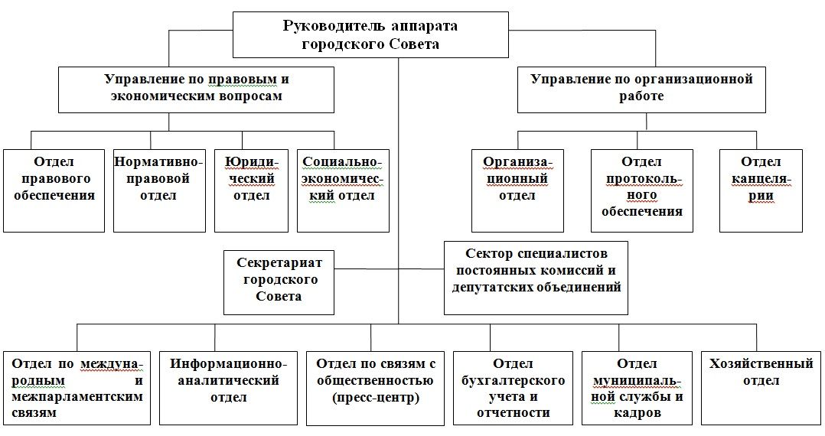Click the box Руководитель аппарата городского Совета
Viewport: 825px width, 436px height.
370,35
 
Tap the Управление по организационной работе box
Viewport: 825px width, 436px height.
641,89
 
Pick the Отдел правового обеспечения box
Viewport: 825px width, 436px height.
54,190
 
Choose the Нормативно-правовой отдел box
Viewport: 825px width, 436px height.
160,190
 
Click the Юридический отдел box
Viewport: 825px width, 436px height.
252,190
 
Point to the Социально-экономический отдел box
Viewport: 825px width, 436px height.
341,190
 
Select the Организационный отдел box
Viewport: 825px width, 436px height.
517,190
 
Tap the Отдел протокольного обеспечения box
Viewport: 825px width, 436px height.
641,190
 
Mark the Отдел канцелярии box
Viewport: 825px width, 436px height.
761,190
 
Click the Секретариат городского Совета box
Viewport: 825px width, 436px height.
279,282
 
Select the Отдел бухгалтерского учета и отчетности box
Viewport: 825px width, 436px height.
512,387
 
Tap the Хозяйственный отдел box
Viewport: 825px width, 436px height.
761,387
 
